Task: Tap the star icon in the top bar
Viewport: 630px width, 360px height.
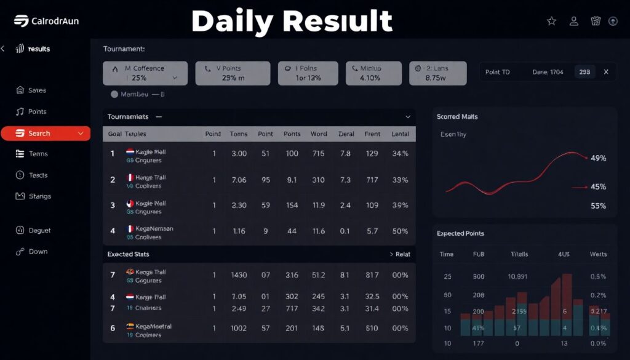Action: [552, 21]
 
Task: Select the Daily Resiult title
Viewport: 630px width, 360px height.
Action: [292, 22]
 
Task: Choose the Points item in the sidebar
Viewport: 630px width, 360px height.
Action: [37, 112]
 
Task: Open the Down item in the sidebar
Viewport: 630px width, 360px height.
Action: [38, 252]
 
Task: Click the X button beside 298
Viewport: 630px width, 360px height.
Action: [606, 72]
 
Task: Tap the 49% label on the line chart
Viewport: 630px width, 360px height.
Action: [598, 158]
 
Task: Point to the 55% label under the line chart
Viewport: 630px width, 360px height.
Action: [598, 206]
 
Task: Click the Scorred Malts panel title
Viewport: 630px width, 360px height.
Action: [457, 117]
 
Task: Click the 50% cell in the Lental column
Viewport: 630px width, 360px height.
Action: [400, 231]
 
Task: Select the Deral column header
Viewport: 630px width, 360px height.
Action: [346, 134]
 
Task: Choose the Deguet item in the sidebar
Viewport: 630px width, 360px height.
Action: [39, 231]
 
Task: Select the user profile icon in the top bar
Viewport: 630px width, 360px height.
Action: [574, 21]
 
